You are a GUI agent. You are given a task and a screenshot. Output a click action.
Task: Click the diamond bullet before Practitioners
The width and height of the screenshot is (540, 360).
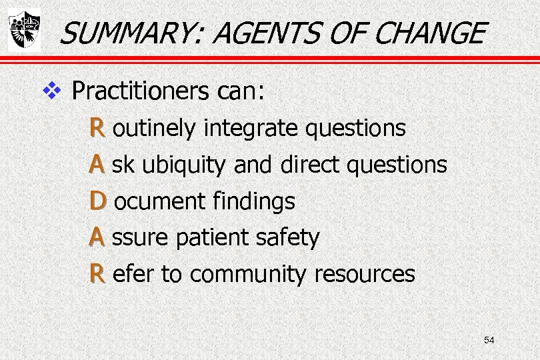click(x=51, y=90)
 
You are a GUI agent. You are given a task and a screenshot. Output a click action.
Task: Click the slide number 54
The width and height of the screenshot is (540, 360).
click(x=489, y=341)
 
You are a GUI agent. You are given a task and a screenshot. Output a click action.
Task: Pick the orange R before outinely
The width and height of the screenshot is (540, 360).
click(x=97, y=127)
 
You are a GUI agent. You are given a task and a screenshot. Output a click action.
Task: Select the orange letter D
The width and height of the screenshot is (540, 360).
click(x=97, y=201)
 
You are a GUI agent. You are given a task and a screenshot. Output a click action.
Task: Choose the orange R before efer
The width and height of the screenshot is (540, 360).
click(x=97, y=273)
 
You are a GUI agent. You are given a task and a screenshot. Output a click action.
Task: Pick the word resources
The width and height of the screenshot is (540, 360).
click(x=365, y=274)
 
